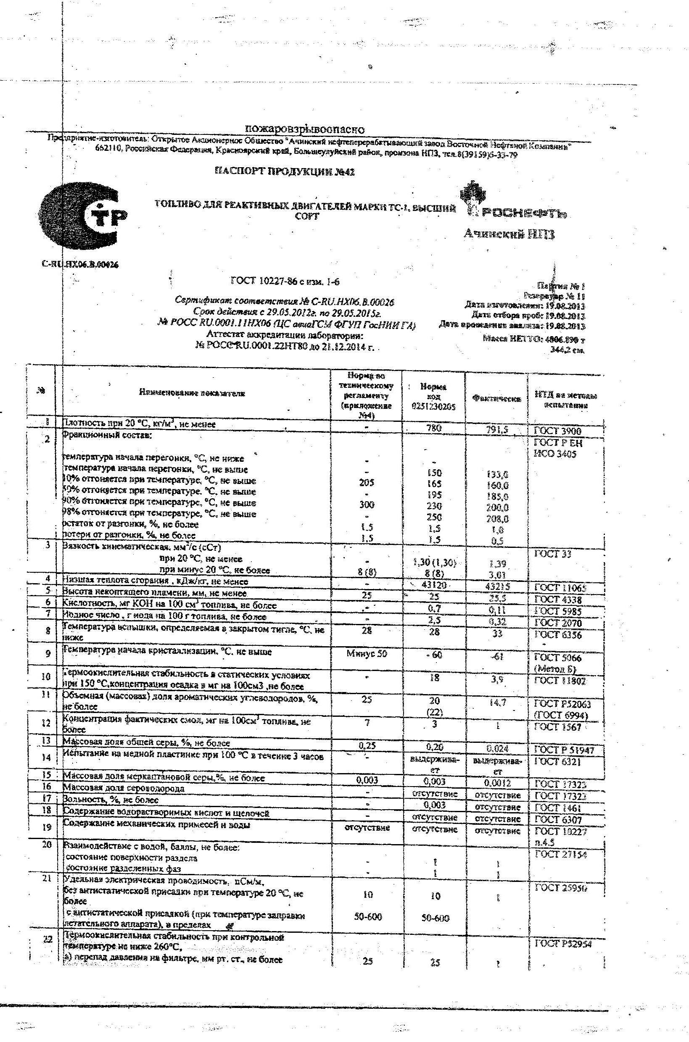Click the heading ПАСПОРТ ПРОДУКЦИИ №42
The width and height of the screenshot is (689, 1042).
[x=284, y=172]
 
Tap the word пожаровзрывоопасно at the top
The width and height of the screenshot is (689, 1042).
[x=304, y=129]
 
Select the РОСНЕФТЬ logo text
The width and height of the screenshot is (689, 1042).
[x=523, y=214]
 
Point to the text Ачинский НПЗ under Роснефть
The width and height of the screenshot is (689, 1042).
[x=509, y=234]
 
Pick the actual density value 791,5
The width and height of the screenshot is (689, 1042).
[x=497, y=430]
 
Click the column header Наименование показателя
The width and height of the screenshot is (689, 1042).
[x=192, y=393]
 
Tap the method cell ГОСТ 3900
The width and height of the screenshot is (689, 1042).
[x=557, y=431]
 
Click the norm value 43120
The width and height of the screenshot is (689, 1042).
[x=434, y=585]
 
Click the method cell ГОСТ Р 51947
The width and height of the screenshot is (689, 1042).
[x=564, y=750]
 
